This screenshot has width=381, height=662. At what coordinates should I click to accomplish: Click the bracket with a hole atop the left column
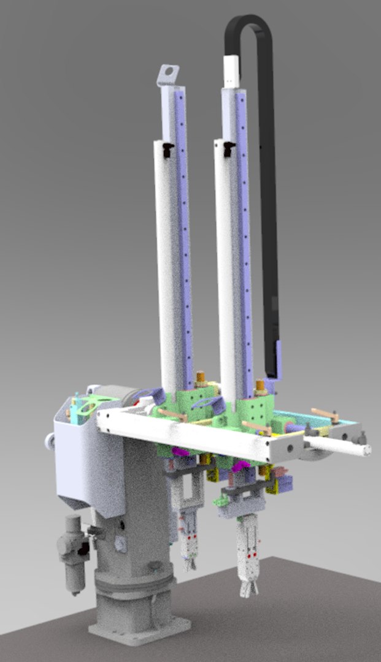pos(167,75)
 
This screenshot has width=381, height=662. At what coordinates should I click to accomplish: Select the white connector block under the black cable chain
pos(231,71)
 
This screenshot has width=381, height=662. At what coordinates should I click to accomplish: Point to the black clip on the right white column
pos(229,148)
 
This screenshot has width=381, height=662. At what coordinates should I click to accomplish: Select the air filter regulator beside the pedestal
pos(72,549)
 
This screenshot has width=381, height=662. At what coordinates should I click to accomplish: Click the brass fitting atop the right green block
pos(260,387)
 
